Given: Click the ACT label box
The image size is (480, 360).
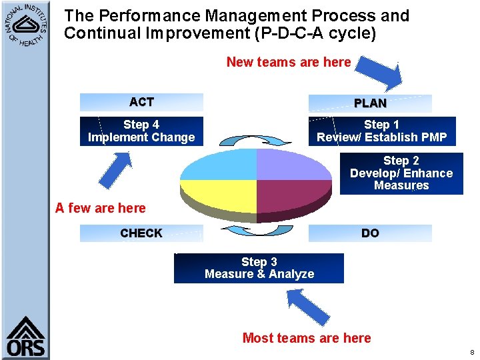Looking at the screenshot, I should point(141,102).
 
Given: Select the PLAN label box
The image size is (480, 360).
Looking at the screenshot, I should point(369,103).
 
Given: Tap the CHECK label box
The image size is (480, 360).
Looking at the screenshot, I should point(141,233).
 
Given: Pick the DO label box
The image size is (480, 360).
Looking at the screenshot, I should point(369,233).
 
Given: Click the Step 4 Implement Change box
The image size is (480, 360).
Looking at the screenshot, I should point(141,131).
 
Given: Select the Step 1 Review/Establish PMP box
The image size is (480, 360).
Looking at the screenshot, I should point(381,131).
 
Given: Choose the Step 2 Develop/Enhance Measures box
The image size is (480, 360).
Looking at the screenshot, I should point(401,173).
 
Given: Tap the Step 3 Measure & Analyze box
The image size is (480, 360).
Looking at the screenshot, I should point(259,268).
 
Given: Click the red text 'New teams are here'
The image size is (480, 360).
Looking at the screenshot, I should point(288,62).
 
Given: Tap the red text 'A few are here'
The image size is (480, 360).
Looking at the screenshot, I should point(100,208).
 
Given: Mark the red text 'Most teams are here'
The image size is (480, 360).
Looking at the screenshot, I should point(307,338).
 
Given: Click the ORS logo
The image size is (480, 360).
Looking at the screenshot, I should point(25,337).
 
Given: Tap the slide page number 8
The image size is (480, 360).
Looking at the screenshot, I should point(472,352).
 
